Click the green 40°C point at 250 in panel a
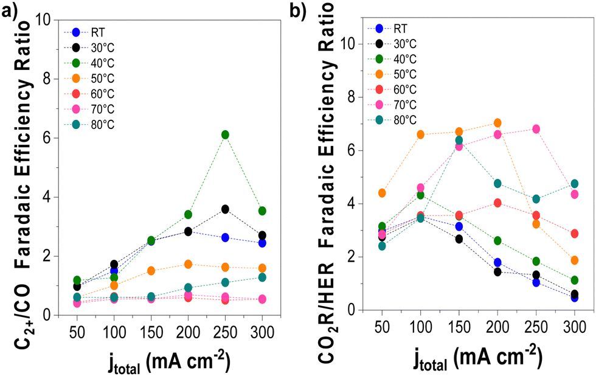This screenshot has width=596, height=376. [225, 134]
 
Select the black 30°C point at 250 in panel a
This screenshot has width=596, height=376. [225, 209]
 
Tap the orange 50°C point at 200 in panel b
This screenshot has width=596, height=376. [497, 123]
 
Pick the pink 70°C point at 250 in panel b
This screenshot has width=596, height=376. [536, 129]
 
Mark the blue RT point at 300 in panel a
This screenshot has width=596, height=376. [262, 243]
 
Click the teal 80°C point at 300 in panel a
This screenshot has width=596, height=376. [262, 277]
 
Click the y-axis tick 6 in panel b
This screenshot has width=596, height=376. [352, 150]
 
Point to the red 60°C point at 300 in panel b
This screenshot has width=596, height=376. [575, 234]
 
